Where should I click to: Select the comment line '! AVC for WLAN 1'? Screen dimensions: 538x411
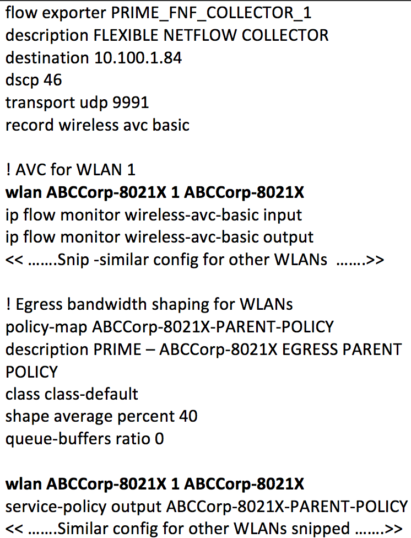(70, 170)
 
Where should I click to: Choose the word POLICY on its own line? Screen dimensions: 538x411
(31, 372)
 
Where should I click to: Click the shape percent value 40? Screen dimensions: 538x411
(187, 416)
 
